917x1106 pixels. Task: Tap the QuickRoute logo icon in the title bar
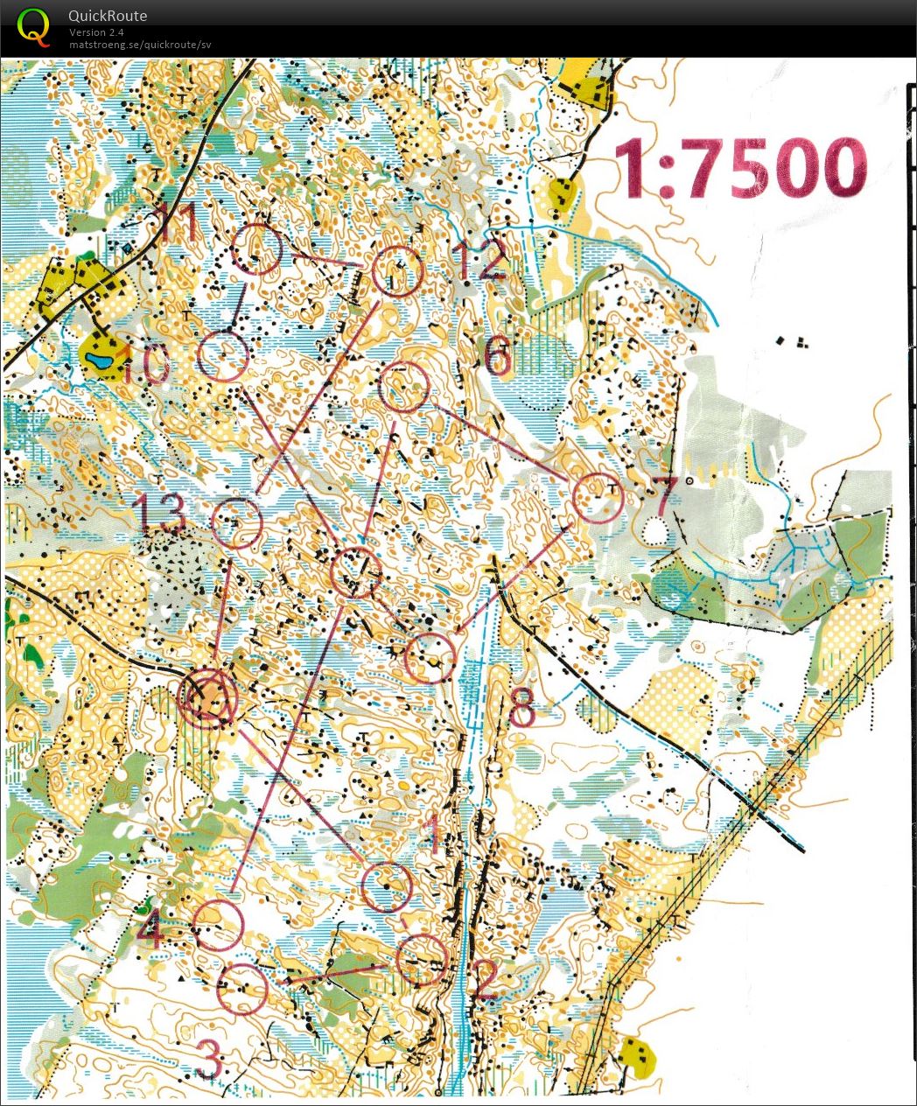[x=33, y=26]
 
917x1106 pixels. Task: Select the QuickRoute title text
[x=108, y=16]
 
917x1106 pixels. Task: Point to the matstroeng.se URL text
[x=140, y=45]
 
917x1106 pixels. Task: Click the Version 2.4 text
[x=96, y=32]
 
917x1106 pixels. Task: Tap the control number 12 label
[x=479, y=260]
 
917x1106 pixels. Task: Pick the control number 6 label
[x=497, y=357]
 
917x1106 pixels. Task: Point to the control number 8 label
[x=521, y=709]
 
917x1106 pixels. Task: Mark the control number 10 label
[x=144, y=364]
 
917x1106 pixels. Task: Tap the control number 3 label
[x=208, y=1060]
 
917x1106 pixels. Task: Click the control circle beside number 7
[x=598, y=498]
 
